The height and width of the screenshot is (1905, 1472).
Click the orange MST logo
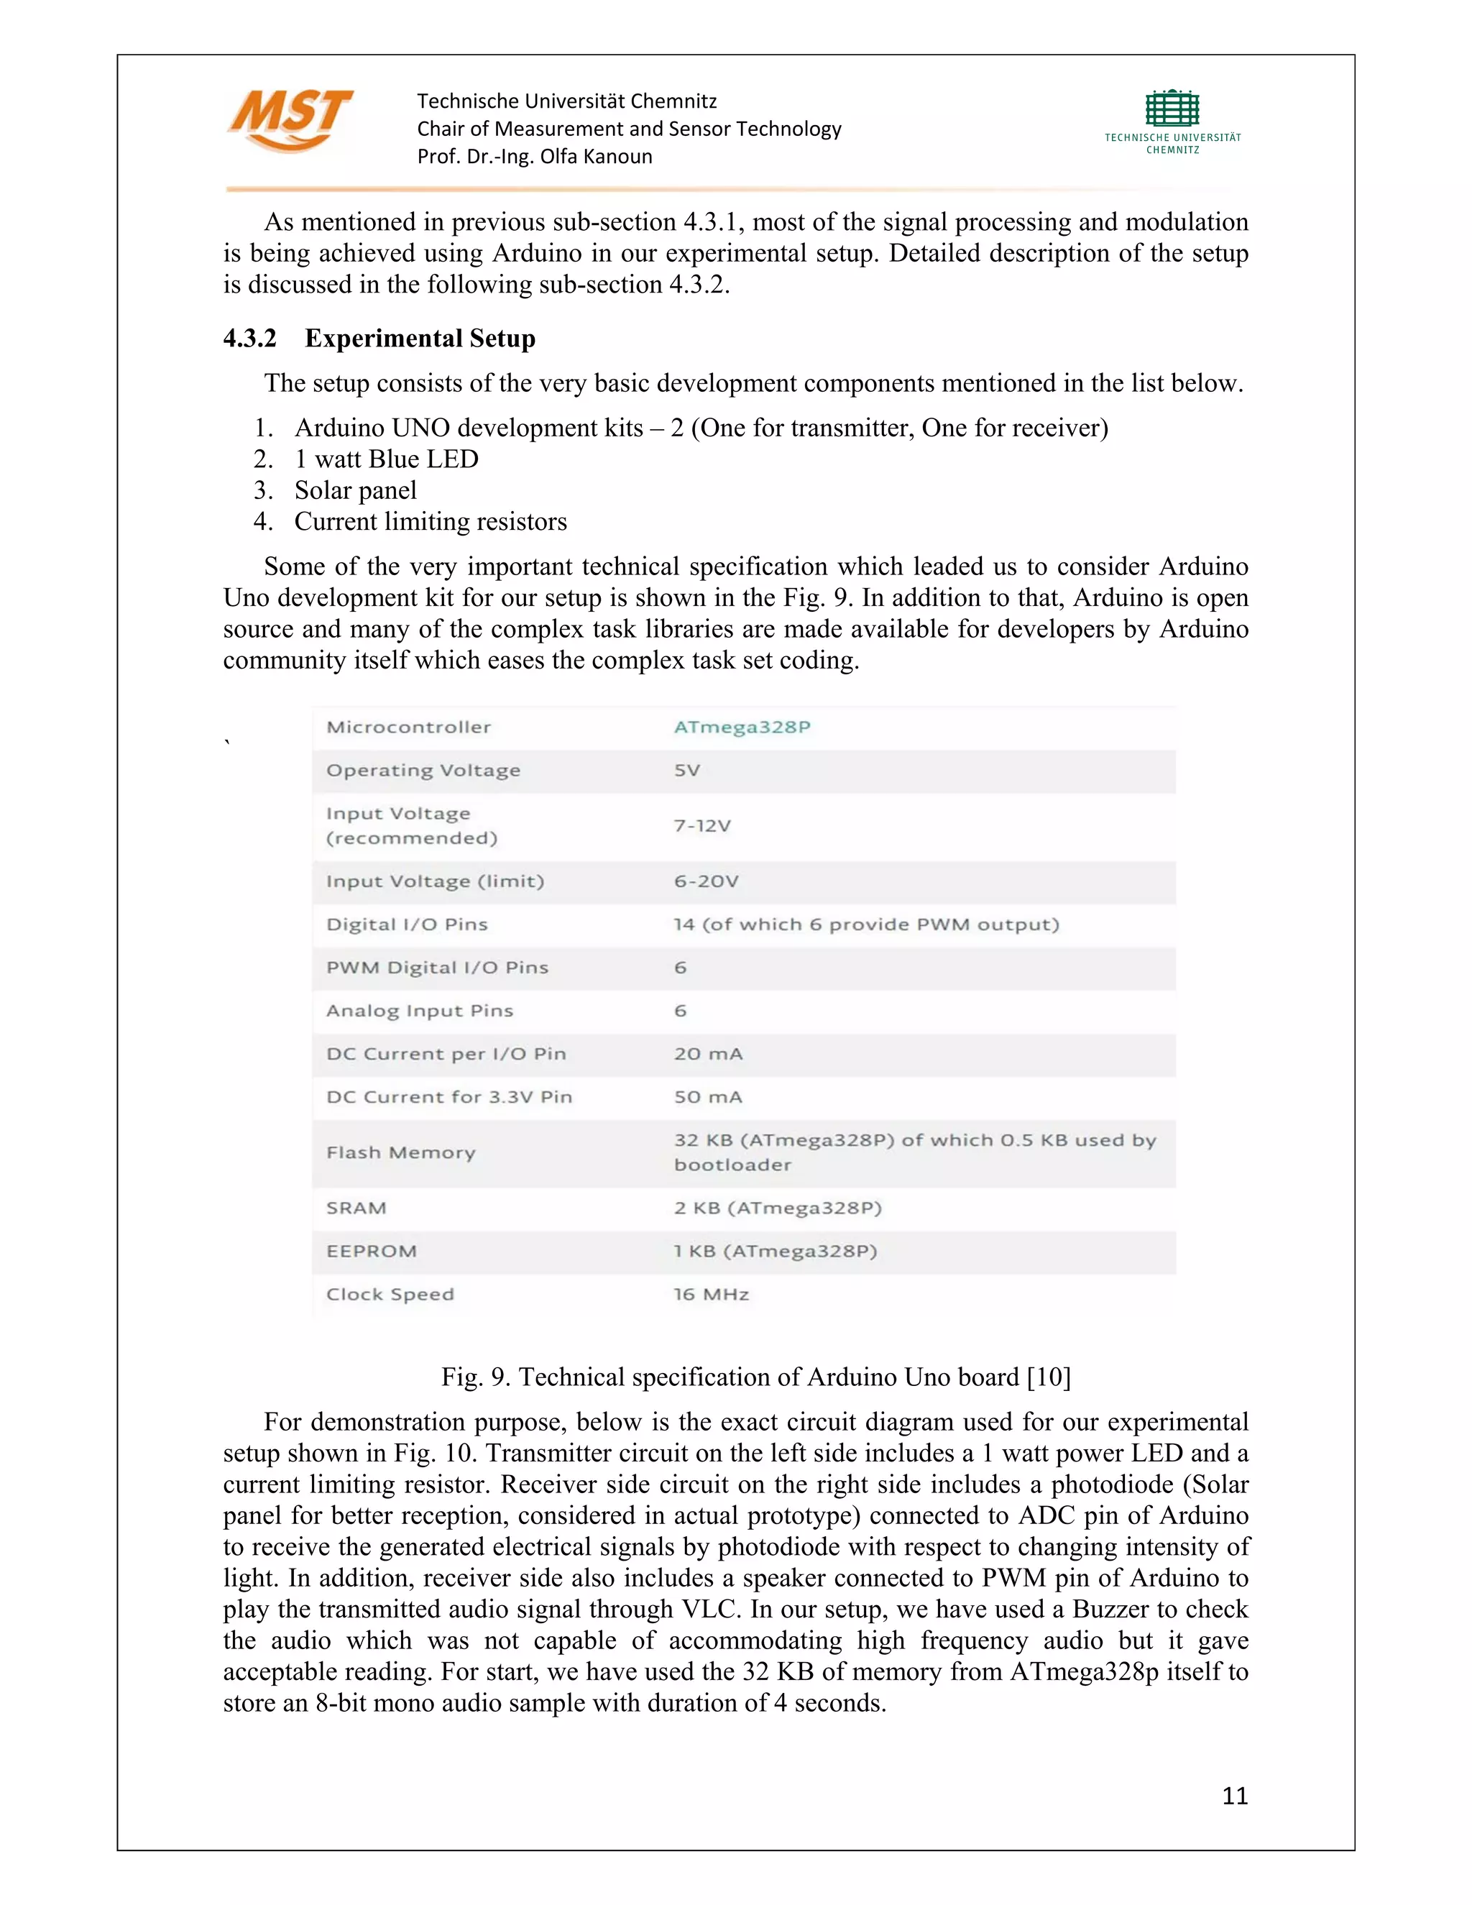290,119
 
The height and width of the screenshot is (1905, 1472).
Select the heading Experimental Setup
420,339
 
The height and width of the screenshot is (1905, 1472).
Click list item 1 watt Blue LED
386,459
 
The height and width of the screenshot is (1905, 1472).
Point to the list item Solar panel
355,490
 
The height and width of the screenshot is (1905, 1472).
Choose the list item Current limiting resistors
430,522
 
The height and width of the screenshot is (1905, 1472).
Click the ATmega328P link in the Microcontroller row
742,727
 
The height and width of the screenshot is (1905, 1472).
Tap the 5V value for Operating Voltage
687,770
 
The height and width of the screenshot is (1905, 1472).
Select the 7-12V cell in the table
702,826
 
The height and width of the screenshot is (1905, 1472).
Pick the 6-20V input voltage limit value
706,881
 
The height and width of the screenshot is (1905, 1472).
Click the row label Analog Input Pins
420,1011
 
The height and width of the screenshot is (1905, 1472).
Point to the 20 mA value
708,1054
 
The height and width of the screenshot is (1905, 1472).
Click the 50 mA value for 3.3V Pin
708,1097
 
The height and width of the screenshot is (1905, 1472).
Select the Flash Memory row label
400,1152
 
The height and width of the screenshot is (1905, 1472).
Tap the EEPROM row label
372,1251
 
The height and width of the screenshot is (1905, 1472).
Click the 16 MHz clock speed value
711,1295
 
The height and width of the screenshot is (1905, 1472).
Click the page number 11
1234,1796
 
